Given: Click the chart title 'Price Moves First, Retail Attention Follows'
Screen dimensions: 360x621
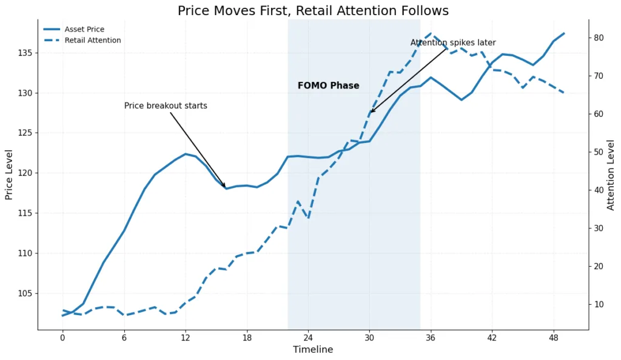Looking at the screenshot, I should pyautogui.click(x=313, y=10).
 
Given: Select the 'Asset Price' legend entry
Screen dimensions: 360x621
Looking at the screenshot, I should pyautogui.click(x=84, y=29).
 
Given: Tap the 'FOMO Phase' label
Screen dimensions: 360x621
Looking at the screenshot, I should pyautogui.click(x=328, y=85).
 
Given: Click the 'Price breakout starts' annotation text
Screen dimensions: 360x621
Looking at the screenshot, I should pyautogui.click(x=166, y=106).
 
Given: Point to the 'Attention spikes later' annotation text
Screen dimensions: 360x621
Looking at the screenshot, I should pyautogui.click(x=452, y=42).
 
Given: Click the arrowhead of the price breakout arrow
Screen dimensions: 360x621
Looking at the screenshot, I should pyautogui.click(x=225, y=187).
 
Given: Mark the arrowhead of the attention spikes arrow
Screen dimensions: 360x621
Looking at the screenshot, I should pyautogui.click(x=371, y=112).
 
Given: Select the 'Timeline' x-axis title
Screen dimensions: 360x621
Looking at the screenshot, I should pyautogui.click(x=313, y=350).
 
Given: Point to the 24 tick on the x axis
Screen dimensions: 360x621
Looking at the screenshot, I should pyautogui.click(x=308, y=338).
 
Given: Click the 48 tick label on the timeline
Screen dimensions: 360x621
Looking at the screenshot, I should pyautogui.click(x=553, y=338).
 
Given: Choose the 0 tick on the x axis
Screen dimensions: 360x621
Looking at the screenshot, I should pyautogui.click(x=62, y=338).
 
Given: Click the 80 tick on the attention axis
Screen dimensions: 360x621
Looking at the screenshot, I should pyautogui.click(x=599, y=38).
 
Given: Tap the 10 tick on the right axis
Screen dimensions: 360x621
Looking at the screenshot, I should pyautogui.click(x=599, y=304).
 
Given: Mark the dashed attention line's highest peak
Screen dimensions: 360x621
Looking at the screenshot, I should pyautogui.click(x=431, y=33).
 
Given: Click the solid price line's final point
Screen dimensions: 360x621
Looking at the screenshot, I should pyautogui.click(x=563, y=33).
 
